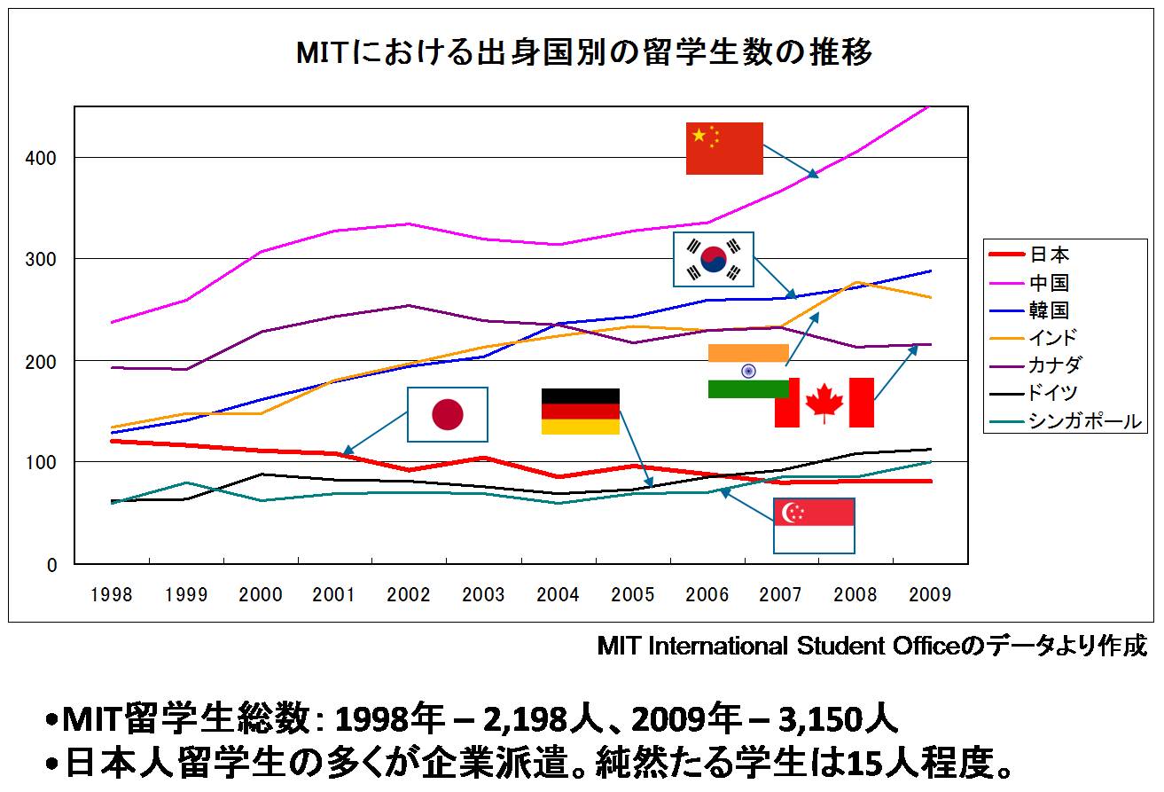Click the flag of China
click(x=724, y=148)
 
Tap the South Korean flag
click(x=713, y=259)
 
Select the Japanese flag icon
click(x=447, y=414)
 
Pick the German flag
click(x=580, y=412)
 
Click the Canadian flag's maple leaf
click(x=824, y=403)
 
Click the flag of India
click(x=747, y=371)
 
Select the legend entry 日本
click(x=1049, y=255)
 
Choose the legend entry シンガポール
click(x=1084, y=421)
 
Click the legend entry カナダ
click(x=1055, y=365)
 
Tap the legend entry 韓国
click(x=1049, y=310)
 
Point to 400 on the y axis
click(x=43, y=158)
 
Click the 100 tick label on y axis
click(x=43, y=462)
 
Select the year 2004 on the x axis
click(x=559, y=595)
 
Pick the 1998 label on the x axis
click(x=112, y=595)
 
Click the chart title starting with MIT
click(x=584, y=53)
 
